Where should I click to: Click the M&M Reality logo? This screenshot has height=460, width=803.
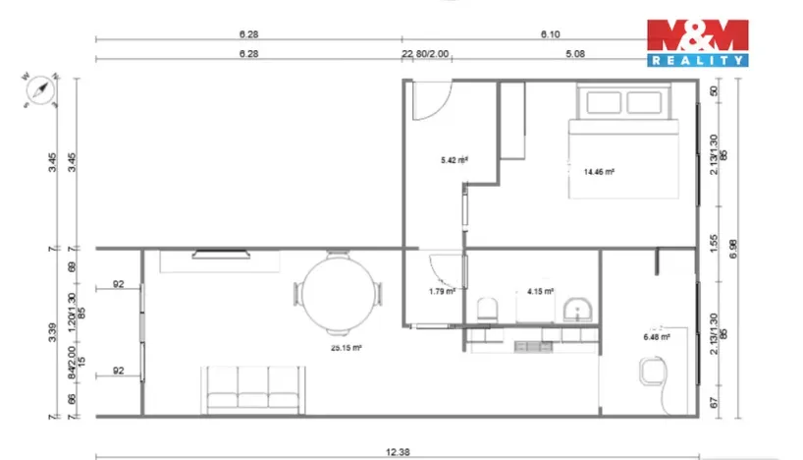[697, 43]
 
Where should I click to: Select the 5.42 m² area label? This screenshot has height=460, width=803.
[454, 159]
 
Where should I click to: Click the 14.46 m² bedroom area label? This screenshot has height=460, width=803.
[599, 172]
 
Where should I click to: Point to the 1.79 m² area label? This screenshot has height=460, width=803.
[442, 291]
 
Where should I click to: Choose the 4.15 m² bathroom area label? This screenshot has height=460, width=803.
[540, 291]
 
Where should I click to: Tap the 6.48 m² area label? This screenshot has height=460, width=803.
[657, 337]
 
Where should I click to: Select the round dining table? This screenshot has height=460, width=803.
[338, 293]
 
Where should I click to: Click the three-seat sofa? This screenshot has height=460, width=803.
[251, 388]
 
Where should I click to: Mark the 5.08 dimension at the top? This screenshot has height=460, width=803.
[575, 55]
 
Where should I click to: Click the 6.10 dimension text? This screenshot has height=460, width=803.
[551, 32]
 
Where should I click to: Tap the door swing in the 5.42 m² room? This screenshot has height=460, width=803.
[430, 100]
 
